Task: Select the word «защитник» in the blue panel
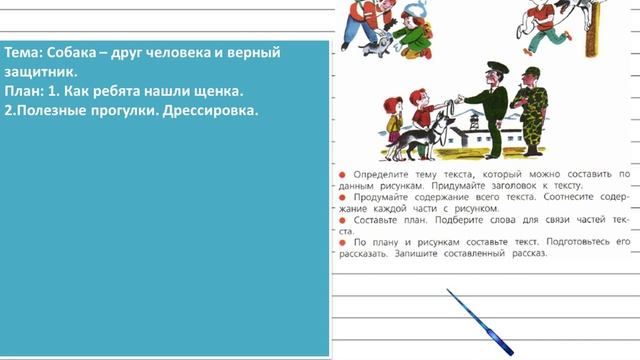(x=40, y=71)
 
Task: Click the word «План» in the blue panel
(x=24, y=91)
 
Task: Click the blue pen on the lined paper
(x=479, y=321)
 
